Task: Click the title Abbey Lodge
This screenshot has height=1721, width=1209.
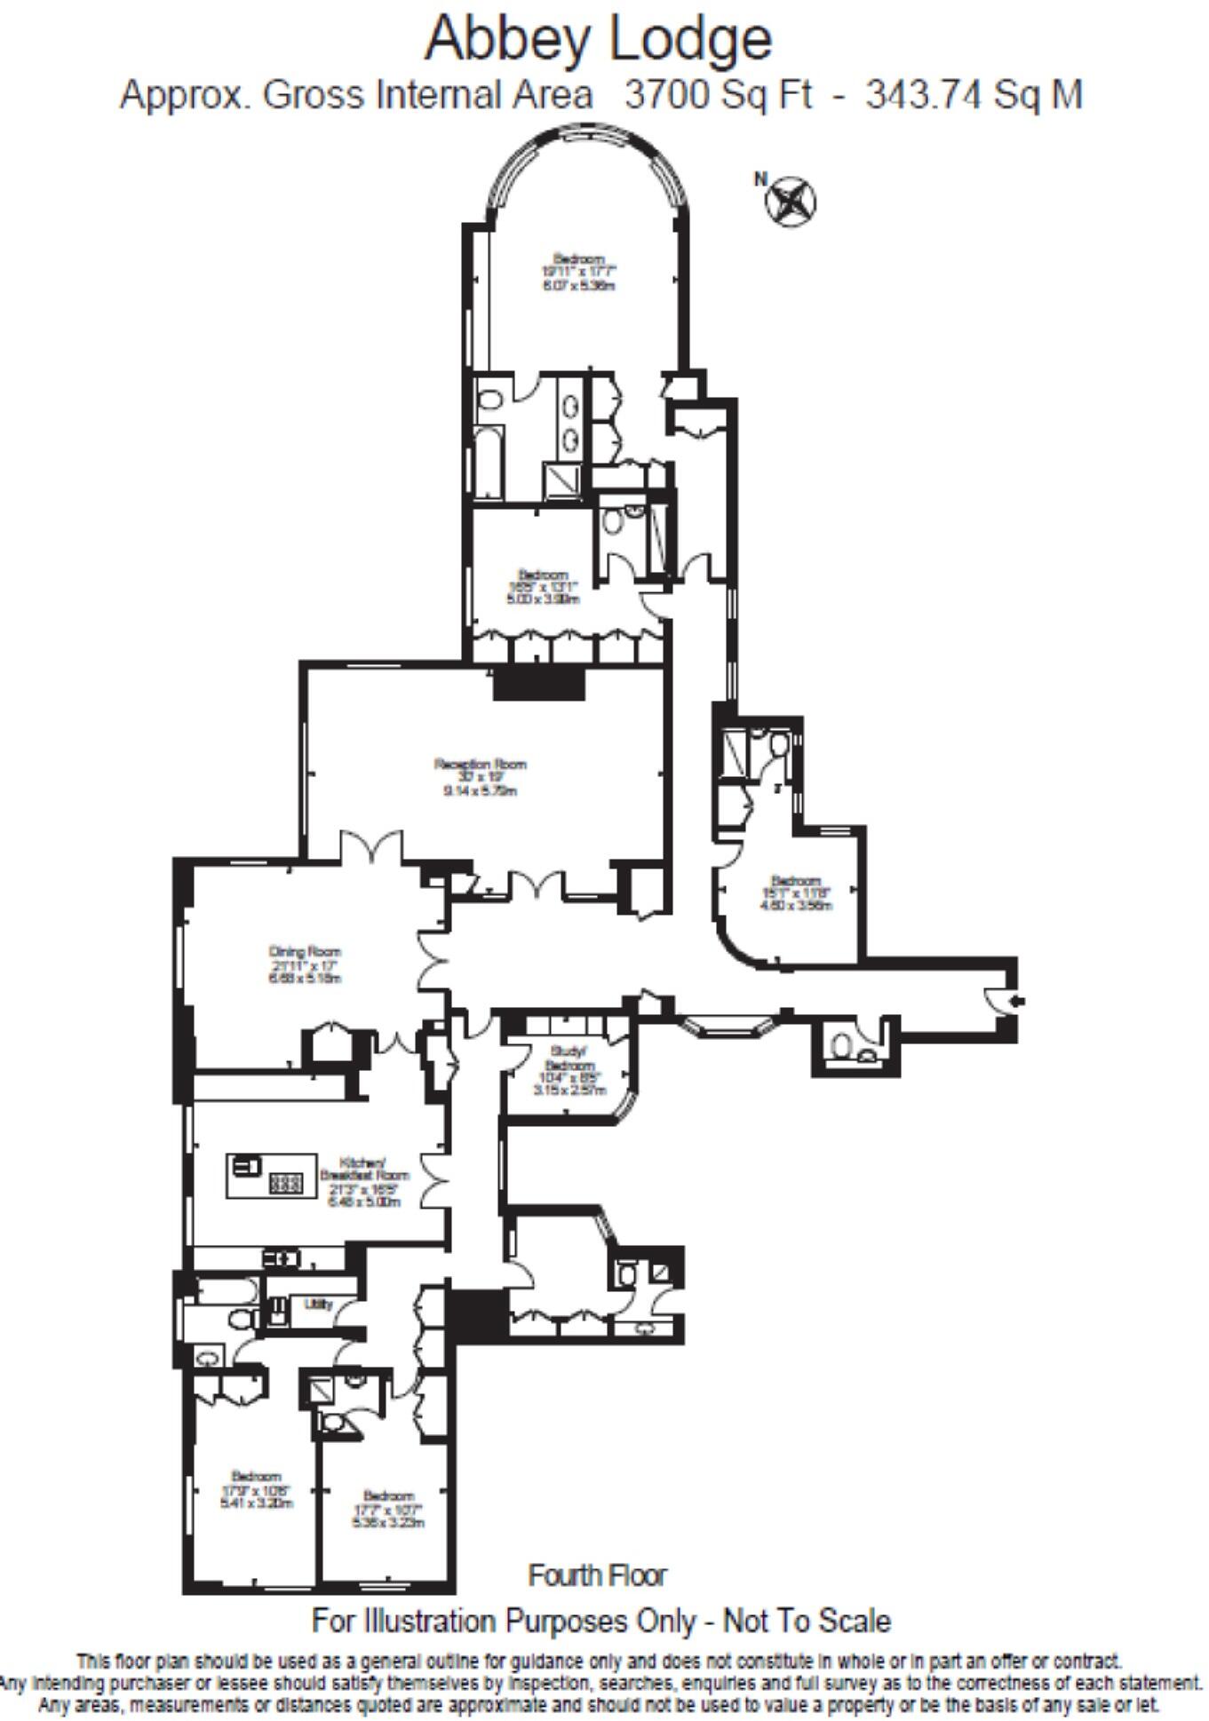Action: (598, 40)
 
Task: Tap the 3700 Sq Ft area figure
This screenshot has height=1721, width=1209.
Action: (718, 94)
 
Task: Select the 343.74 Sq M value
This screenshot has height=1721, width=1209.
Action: (974, 94)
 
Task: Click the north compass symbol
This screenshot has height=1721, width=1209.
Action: (791, 200)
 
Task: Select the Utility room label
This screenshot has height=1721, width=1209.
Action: (318, 1304)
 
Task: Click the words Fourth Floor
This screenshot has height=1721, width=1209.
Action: (597, 1600)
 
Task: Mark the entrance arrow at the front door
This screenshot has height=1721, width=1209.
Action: (1017, 1001)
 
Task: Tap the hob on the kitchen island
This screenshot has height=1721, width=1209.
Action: (285, 1183)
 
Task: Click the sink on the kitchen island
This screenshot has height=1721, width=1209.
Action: (246, 1165)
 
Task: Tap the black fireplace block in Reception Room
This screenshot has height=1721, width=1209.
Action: (538, 685)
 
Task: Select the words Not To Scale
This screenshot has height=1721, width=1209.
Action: (806, 1646)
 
